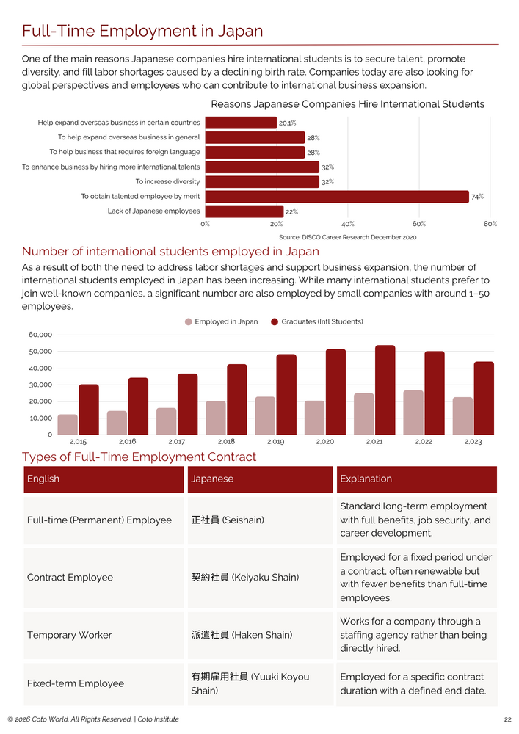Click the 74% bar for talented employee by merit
[337, 197]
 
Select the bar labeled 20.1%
[241, 123]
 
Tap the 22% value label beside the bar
[291, 211]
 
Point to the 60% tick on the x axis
[419, 224]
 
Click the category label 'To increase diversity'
[167, 181]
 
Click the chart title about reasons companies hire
[348, 104]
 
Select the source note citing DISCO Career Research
[348, 237]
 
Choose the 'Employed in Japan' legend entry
[222, 321]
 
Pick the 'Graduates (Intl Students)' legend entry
[317, 321]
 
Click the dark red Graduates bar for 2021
[385, 390]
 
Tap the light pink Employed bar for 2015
[68, 424]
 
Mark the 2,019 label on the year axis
[275, 441]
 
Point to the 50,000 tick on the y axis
[40, 352]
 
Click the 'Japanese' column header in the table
[260, 479]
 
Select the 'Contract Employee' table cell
[104, 578]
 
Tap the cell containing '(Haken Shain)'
[260, 635]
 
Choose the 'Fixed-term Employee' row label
[76, 683]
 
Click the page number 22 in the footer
[508, 719]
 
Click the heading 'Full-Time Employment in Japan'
[142, 31]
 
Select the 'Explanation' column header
[416, 479]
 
